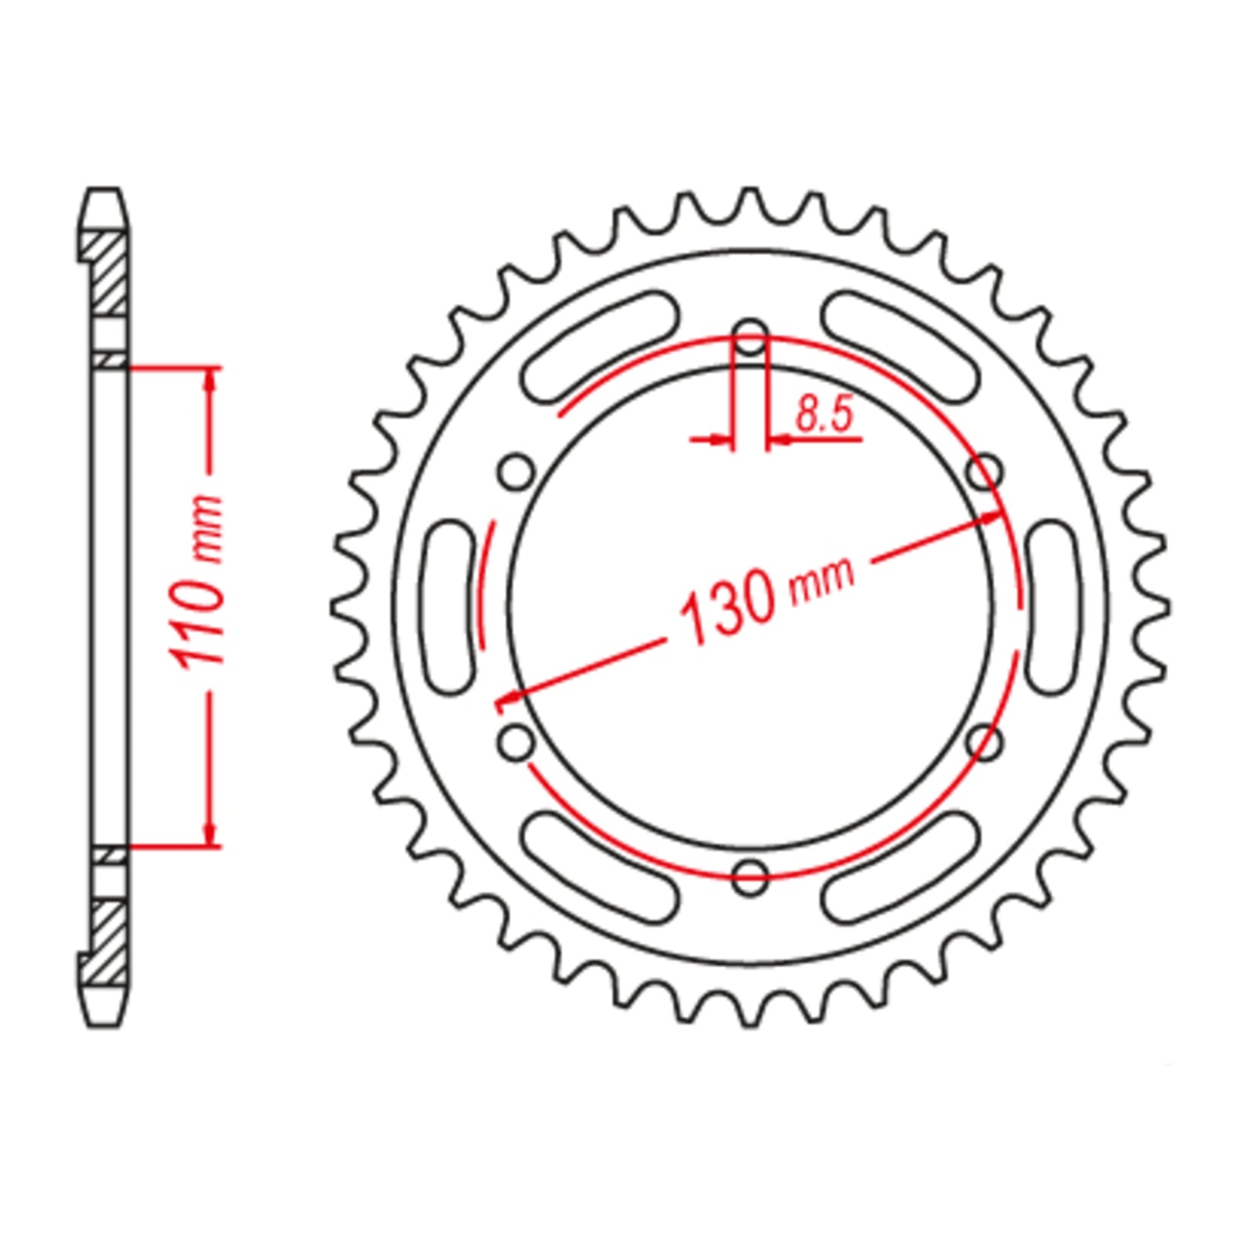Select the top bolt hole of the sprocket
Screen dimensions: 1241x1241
click(750, 338)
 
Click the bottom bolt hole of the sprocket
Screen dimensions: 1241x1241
click(750, 876)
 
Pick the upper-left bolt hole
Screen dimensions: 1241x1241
click(516, 472)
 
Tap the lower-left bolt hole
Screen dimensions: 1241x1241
click(516, 741)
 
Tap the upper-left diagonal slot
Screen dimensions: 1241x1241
click(598, 347)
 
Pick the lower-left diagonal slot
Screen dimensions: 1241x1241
click(598, 866)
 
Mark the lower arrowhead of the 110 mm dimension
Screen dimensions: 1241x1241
click(209, 835)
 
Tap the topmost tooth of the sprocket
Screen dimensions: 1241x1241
click(750, 199)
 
